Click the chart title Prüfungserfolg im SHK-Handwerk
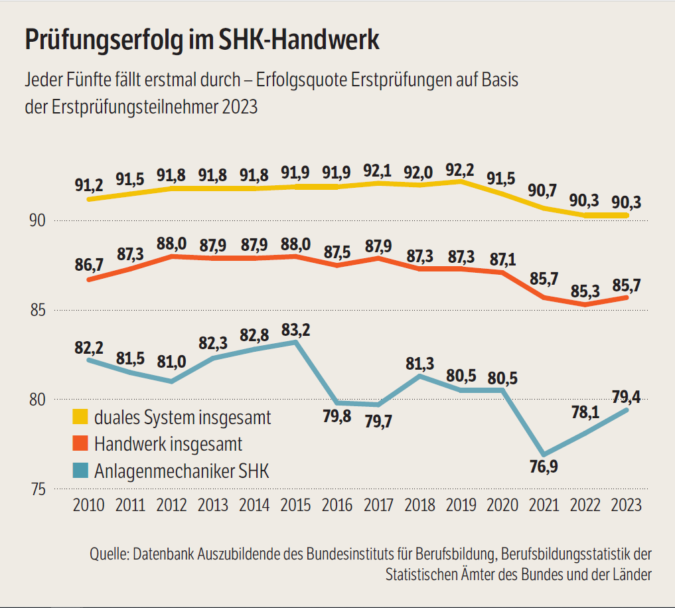[x=202, y=40]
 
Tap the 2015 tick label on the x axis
[x=295, y=505]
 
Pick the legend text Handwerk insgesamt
[x=168, y=443]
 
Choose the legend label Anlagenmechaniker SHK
[x=181, y=471]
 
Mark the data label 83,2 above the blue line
[x=295, y=329]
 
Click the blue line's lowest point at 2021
[x=544, y=455]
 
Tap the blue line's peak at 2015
[x=295, y=342]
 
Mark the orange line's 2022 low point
[x=585, y=305]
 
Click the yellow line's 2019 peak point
[x=461, y=181]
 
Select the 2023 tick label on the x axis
[x=626, y=505]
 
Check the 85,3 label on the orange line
[x=585, y=291]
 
